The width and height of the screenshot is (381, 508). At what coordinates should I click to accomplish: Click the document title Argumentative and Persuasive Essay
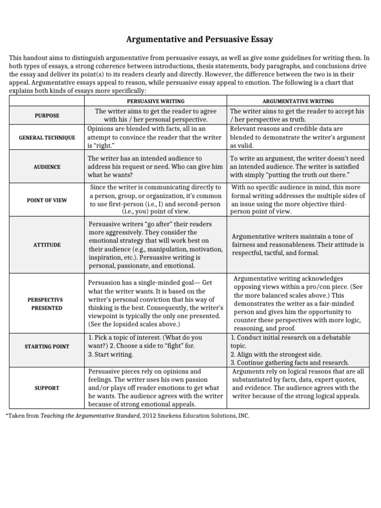[190, 39]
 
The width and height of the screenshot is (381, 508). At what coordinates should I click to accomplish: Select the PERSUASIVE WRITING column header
[156, 101]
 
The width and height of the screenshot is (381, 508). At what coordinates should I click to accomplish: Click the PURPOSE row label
[47, 116]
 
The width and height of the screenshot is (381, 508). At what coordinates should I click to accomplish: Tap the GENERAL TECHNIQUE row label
[47, 137]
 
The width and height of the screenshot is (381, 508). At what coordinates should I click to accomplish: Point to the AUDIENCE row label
[47, 167]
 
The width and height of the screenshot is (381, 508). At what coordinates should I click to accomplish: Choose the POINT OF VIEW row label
[47, 199]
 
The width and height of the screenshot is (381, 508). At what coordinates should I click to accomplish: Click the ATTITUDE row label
[47, 245]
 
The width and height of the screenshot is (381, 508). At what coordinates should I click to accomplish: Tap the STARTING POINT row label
[47, 346]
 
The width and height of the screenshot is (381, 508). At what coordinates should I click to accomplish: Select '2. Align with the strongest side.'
[276, 354]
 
